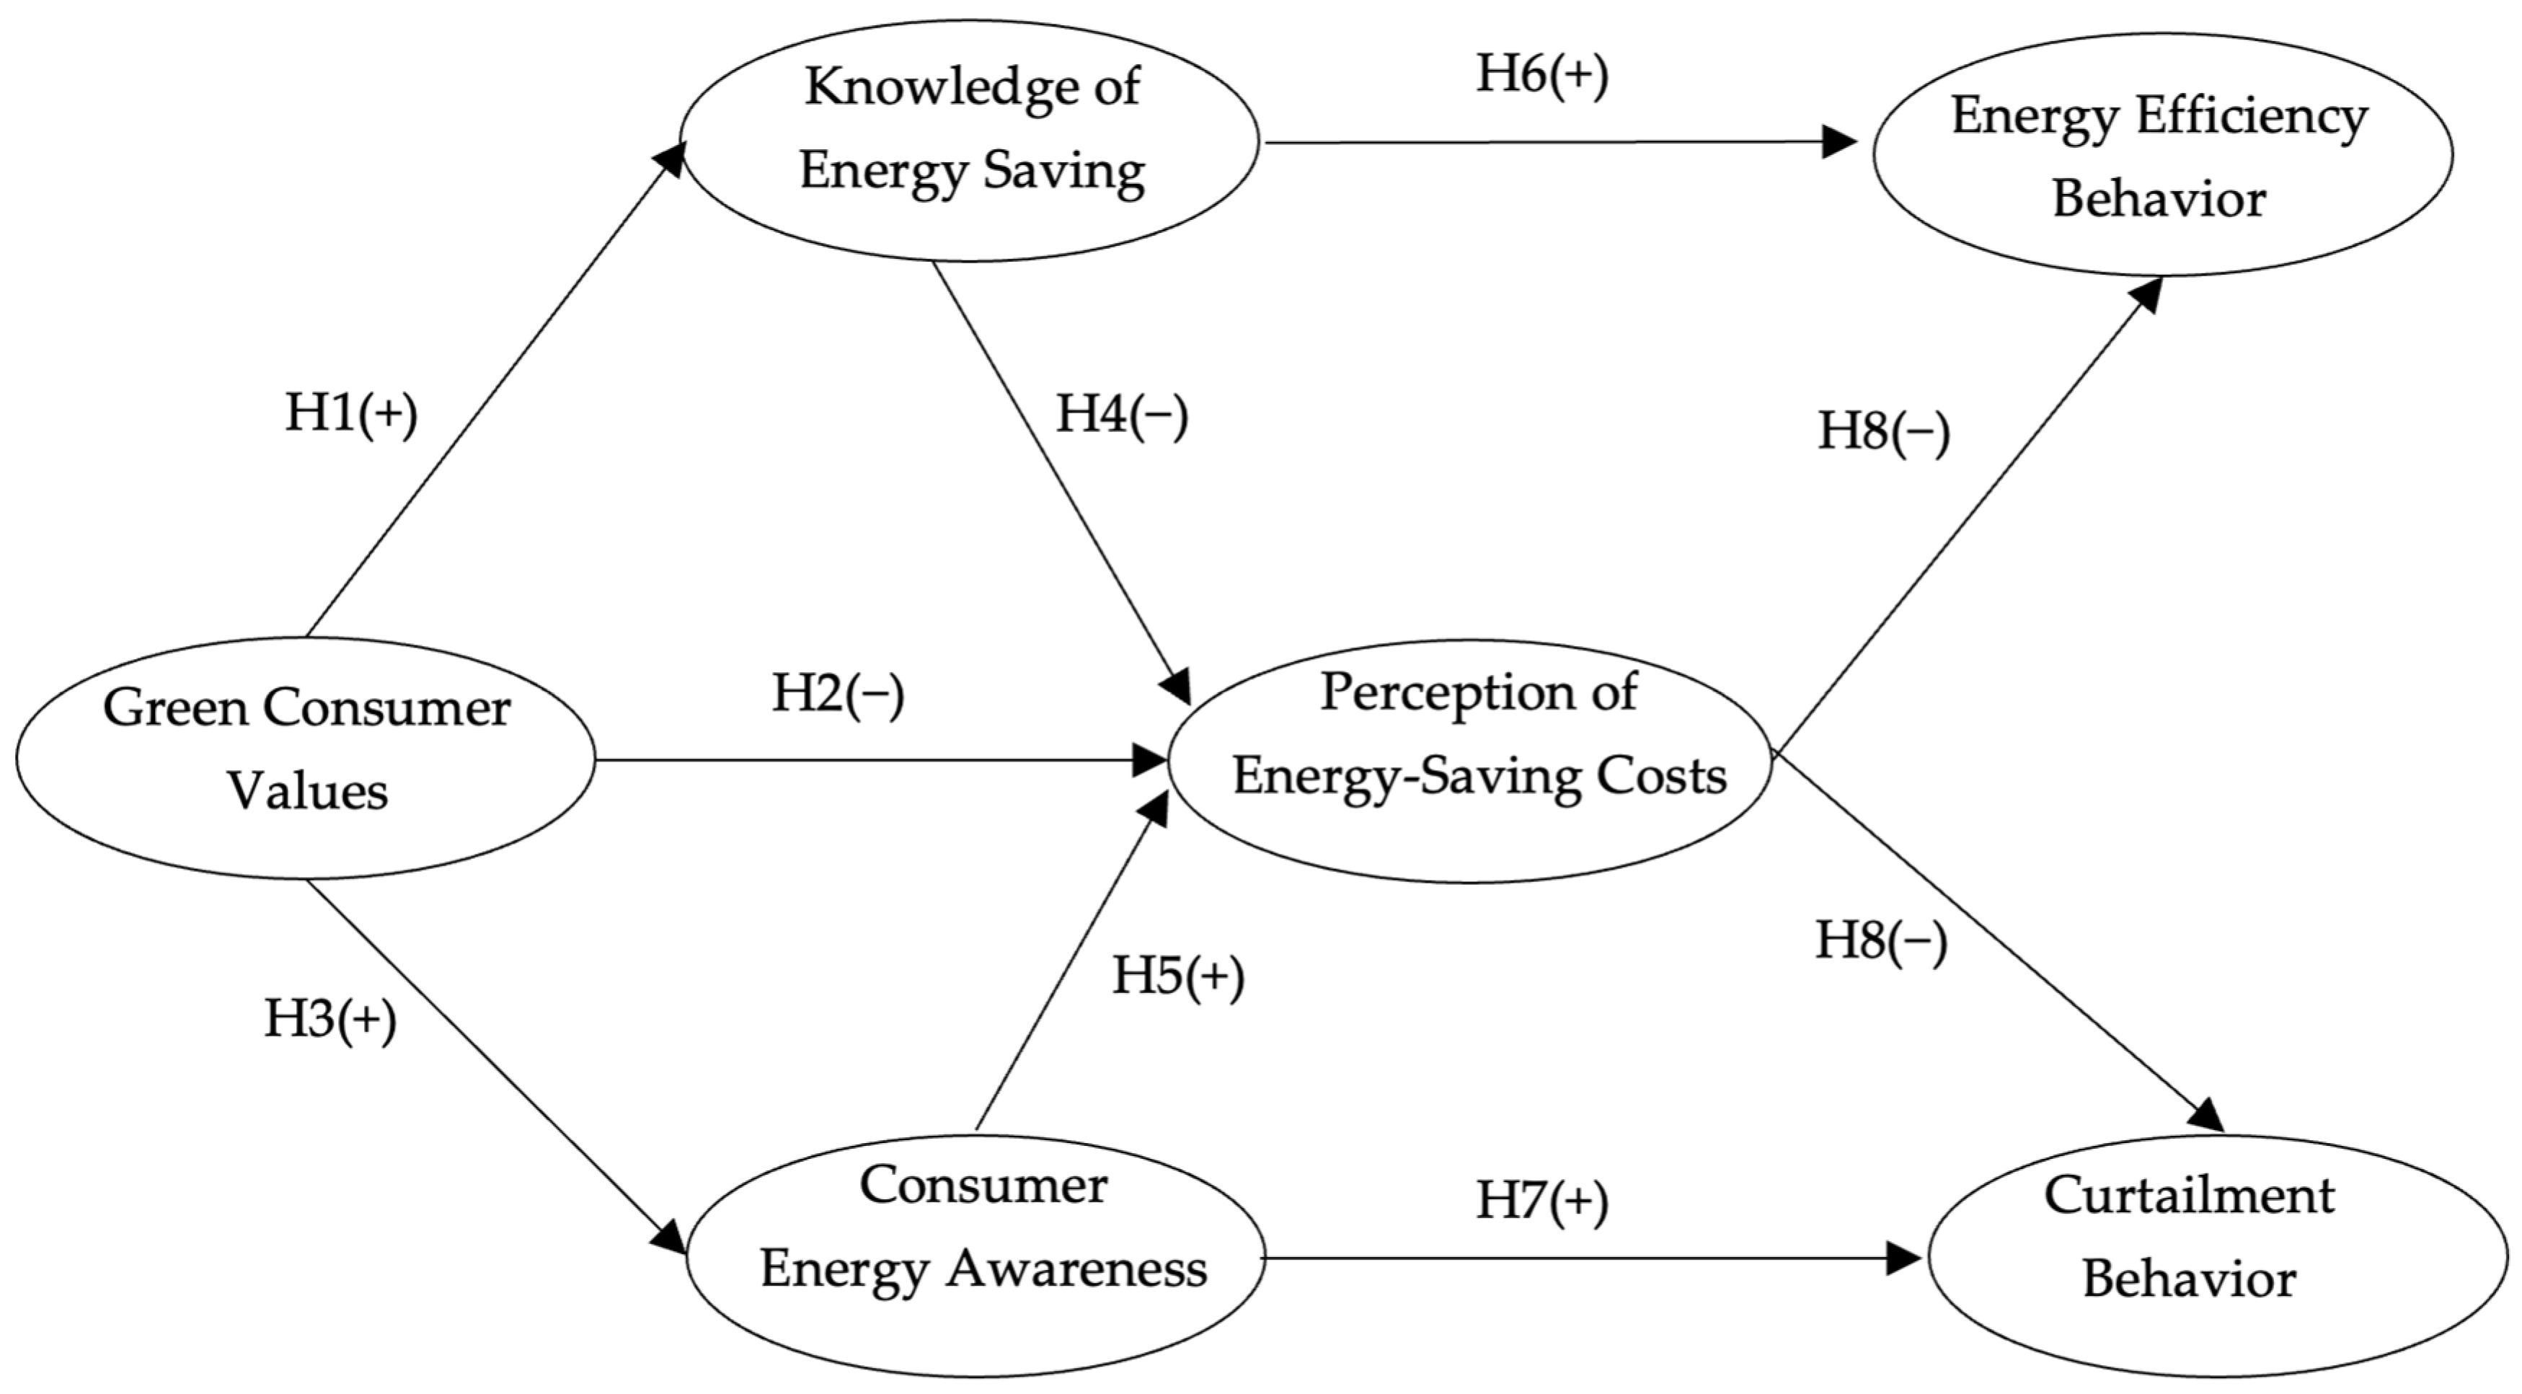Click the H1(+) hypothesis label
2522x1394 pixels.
coord(351,413)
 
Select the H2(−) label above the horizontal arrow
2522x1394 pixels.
coord(838,695)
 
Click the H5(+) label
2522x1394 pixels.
coord(1178,976)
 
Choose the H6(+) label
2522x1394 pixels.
coord(1542,76)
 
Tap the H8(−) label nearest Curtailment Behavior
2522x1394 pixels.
coord(1881,942)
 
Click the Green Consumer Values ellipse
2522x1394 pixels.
coord(306,756)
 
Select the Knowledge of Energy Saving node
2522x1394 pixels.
coord(969,140)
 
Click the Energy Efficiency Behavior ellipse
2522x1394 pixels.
coord(2162,154)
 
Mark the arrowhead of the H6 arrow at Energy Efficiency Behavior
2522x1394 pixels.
coord(1841,142)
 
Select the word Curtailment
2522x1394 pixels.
coord(2189,1196)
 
